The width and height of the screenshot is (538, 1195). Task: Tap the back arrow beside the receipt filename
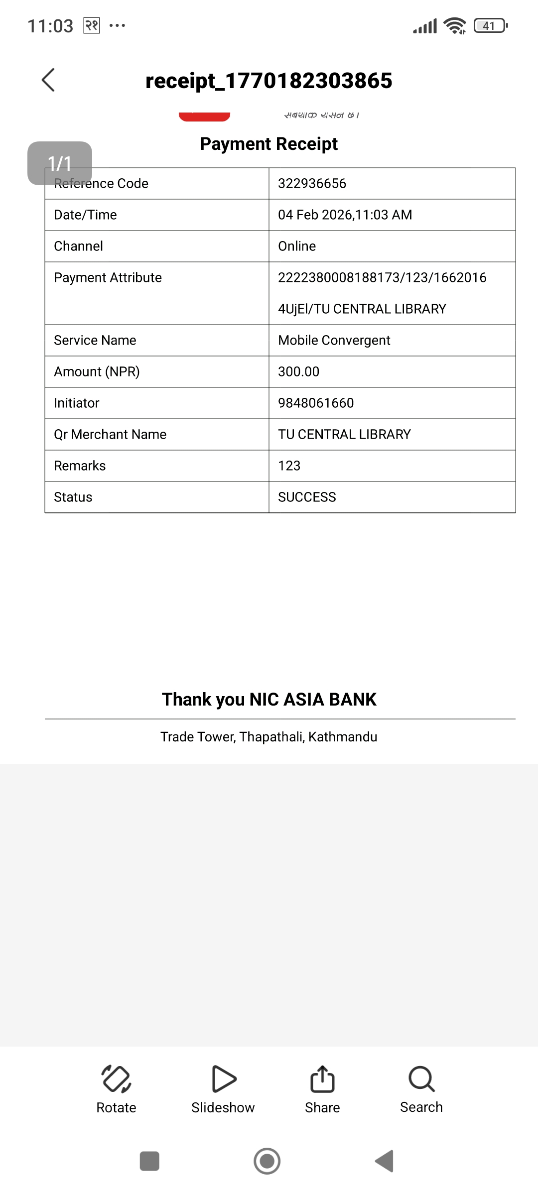(x=48, y=80)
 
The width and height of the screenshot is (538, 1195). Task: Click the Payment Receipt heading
(x=269, y=144)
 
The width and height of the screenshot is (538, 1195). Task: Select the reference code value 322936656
(x=312, y=184)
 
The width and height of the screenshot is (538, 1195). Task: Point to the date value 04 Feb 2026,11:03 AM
(x=345, y=215)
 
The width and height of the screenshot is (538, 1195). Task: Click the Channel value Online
(x=297, y=246)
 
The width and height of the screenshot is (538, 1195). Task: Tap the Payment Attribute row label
(x=108, y=278)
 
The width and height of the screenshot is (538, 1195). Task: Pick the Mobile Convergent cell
(x=334, y=341)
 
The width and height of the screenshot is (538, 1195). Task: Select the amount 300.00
(x=298, y=372)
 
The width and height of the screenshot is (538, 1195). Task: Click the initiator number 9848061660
(x=316, y=403)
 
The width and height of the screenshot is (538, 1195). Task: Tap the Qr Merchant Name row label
(x=110, y=435)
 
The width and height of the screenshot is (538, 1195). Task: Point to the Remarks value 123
(x=289, y=466)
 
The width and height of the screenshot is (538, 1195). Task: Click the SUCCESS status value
(x=307, y=497)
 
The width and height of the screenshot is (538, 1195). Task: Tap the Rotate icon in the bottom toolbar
(x=116, y=1079)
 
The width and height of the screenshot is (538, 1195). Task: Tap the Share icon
(x=322, y=1079)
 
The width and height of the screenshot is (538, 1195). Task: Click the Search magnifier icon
(x=421, y=1079)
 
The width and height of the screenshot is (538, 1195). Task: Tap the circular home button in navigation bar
(x=267, y=1161)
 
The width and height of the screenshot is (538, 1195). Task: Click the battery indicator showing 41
(x=490, y=25)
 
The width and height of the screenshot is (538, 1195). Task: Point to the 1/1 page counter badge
(x=60, y=163)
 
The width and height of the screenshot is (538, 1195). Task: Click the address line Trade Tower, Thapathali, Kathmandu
(x=269, y=737)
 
